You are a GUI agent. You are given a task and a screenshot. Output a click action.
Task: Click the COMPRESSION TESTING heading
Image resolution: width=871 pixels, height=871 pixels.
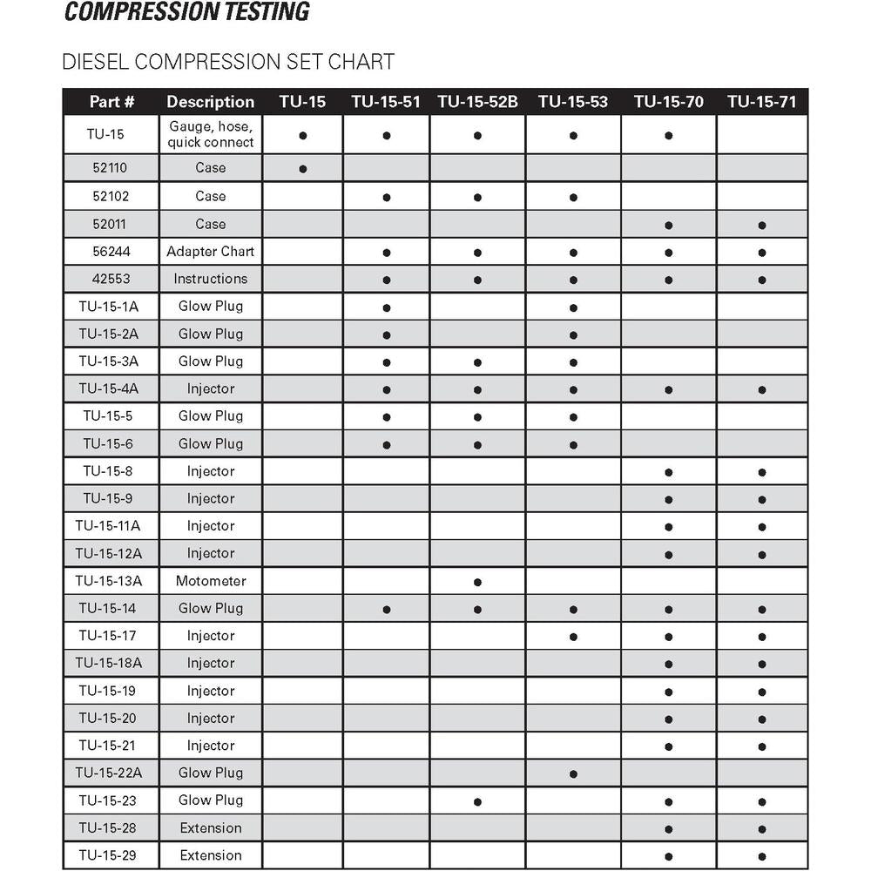187,11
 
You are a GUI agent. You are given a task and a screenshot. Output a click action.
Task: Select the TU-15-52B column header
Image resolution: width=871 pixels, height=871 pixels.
477,102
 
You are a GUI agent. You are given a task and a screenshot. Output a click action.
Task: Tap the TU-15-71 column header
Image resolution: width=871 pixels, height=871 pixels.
761,102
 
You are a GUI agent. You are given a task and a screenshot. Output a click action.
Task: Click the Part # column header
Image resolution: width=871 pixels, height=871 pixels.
111,102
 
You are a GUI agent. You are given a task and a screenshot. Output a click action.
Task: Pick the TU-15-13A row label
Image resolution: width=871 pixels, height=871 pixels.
108,581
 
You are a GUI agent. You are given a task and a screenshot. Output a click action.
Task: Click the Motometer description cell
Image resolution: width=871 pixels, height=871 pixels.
211,581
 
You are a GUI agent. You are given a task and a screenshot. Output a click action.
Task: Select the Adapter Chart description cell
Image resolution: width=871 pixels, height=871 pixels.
211,252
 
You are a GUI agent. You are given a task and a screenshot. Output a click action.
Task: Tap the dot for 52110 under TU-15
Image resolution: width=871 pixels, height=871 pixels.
302,169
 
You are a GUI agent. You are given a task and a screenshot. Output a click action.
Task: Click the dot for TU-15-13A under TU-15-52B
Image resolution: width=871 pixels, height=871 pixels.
477,582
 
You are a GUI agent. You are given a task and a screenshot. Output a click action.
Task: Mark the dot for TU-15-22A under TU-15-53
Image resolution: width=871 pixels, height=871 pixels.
573,773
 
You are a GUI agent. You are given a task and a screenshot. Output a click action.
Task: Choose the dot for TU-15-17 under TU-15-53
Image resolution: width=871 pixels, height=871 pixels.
573,637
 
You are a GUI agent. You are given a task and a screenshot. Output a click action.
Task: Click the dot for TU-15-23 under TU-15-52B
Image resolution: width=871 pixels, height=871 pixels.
477,801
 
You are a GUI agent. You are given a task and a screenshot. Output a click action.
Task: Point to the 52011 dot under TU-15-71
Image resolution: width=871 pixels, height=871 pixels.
761,225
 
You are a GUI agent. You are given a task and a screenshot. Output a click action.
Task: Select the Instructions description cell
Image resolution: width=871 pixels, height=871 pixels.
211,279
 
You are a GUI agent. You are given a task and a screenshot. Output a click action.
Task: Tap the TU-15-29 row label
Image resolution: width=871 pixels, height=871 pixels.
108,855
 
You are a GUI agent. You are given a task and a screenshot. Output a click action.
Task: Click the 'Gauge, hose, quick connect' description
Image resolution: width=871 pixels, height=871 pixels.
211,134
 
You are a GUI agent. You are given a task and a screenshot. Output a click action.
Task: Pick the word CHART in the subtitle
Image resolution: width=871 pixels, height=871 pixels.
359,62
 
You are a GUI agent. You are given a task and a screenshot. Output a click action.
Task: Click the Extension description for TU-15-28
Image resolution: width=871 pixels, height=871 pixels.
211,827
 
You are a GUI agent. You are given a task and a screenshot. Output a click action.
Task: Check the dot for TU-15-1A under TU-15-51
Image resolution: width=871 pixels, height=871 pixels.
386,307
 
